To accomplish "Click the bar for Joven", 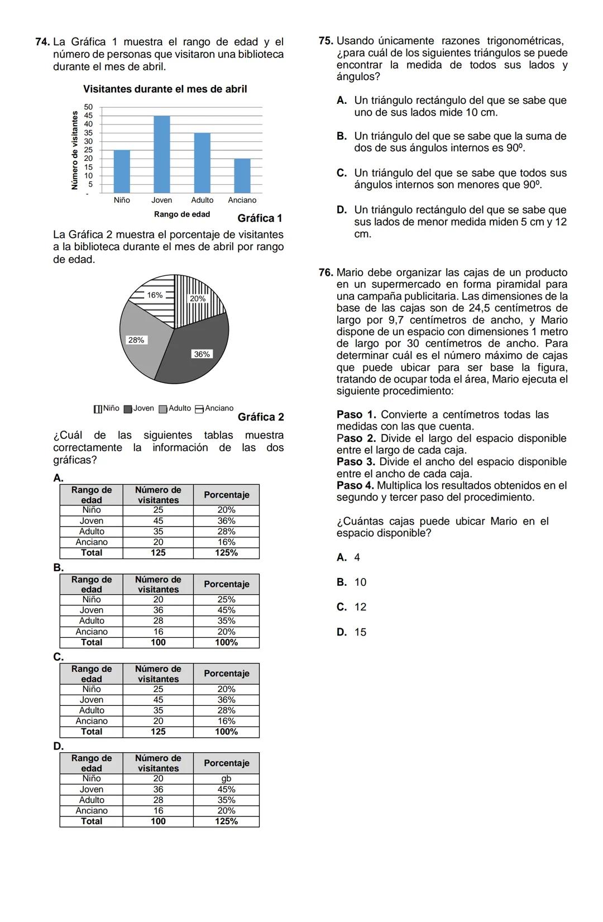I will [162, 155].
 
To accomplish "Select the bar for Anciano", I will [242, 176].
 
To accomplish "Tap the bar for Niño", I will [122, 171].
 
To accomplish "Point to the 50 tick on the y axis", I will [88, 107].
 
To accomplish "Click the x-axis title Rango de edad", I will [182, 214].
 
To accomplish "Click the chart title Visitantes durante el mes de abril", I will [165, 89].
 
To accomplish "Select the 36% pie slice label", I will [202, 354].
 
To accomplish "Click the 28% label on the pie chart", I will [136, 340].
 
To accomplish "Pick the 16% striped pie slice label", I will [155, 295].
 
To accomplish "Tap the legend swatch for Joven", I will [128, 409].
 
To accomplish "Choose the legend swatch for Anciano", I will [199, 409].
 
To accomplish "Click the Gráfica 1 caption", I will [260, 218].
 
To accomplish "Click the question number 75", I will [326, 41].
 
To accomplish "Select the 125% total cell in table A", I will [226, 553].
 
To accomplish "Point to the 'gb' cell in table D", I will [226, 778].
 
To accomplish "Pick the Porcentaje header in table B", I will [226, 584].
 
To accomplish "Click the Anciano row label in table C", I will [92, 721].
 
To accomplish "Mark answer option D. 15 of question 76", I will [352, 632].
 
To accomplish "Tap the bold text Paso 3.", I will [356, 462].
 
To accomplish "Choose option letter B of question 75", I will [342, 136].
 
